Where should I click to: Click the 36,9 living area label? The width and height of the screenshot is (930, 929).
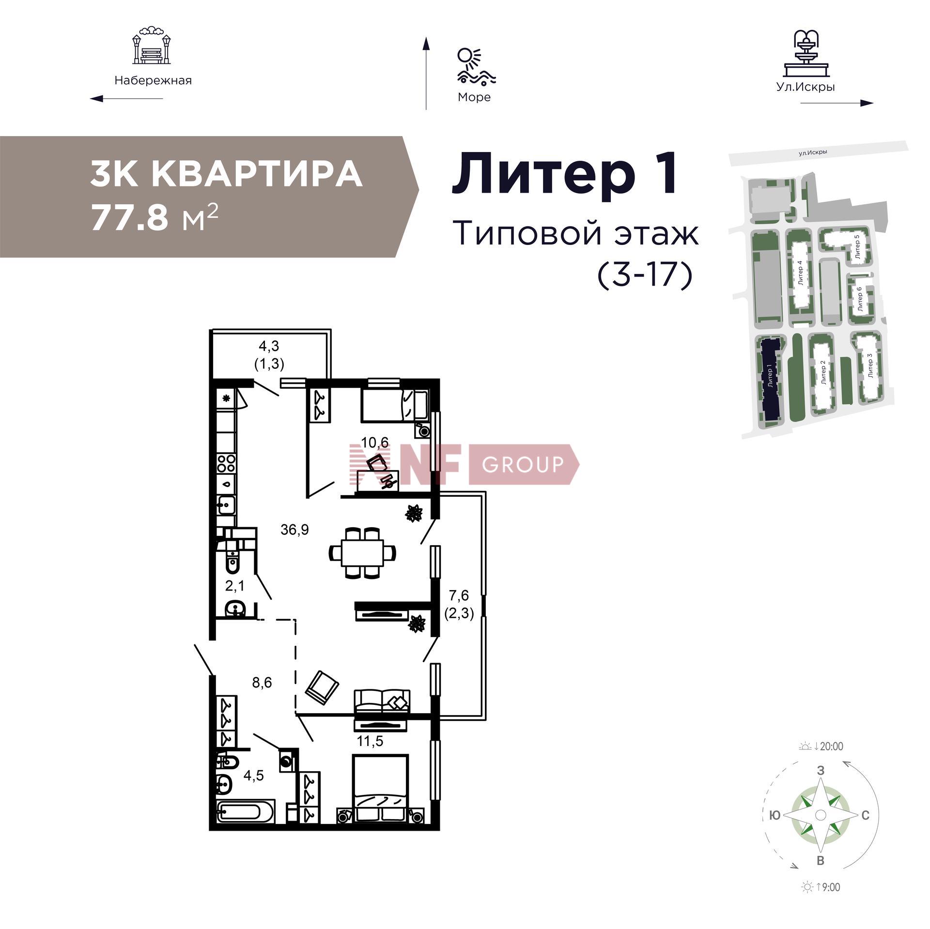coord(294,530)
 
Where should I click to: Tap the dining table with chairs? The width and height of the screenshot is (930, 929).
coord(362,552)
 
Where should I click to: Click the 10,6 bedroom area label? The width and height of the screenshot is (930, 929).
coord(375,442)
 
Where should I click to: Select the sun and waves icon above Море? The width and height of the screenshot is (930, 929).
coord(475,66)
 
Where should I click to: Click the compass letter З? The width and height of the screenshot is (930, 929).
coord(821,770)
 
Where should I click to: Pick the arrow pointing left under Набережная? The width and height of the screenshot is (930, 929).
coord(126,99)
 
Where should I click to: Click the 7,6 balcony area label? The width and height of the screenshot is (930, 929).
coord(458,595)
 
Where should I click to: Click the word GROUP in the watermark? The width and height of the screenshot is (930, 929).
coord(523,464)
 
